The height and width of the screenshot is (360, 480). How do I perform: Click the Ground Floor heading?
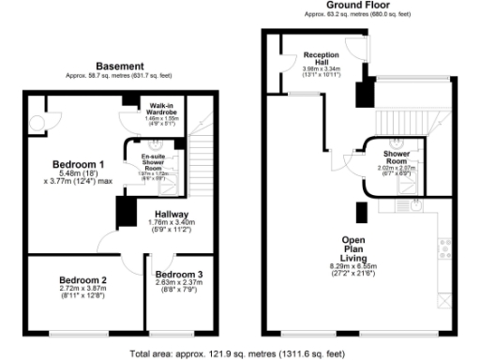pos(346,6)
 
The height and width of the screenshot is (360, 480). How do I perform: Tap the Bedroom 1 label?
pos(78,162)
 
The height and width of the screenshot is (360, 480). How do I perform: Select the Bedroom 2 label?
pos(82,279)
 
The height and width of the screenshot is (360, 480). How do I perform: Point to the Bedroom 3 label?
pos(179,274)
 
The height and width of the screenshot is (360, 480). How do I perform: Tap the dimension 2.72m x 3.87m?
pos(82,290)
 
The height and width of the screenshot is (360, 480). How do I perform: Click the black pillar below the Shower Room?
pos(361,212)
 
